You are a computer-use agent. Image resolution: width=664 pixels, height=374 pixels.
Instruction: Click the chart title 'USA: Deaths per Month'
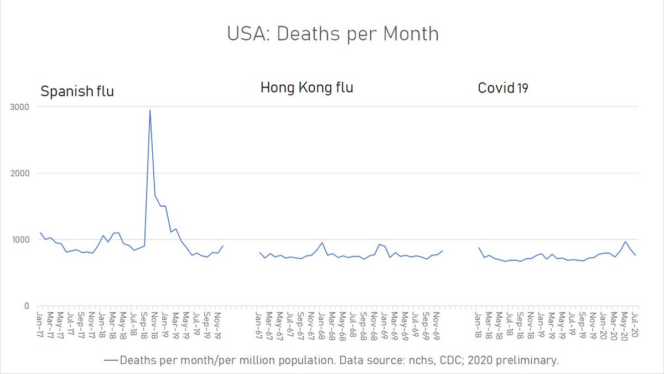click(333, 34)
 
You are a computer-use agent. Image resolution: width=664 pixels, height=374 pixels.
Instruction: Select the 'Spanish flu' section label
click(77, 91)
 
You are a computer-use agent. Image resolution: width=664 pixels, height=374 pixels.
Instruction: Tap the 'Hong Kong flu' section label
click(307, 88)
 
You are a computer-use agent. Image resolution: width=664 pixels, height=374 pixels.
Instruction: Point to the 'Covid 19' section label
click(503, 88)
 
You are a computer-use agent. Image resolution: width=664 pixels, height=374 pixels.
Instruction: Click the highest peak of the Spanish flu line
click(150, 110)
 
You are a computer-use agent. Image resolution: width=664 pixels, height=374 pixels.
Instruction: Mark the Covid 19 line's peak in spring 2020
click(625, 242)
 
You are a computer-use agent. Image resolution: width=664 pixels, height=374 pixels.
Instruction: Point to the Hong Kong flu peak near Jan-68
click(322, 243)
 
